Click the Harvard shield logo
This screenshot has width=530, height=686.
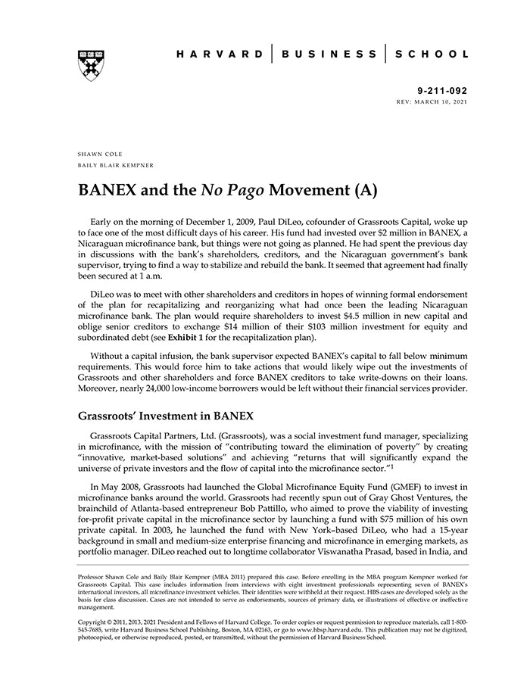click(91, 66)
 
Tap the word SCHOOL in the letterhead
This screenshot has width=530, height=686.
click(433, 55)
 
